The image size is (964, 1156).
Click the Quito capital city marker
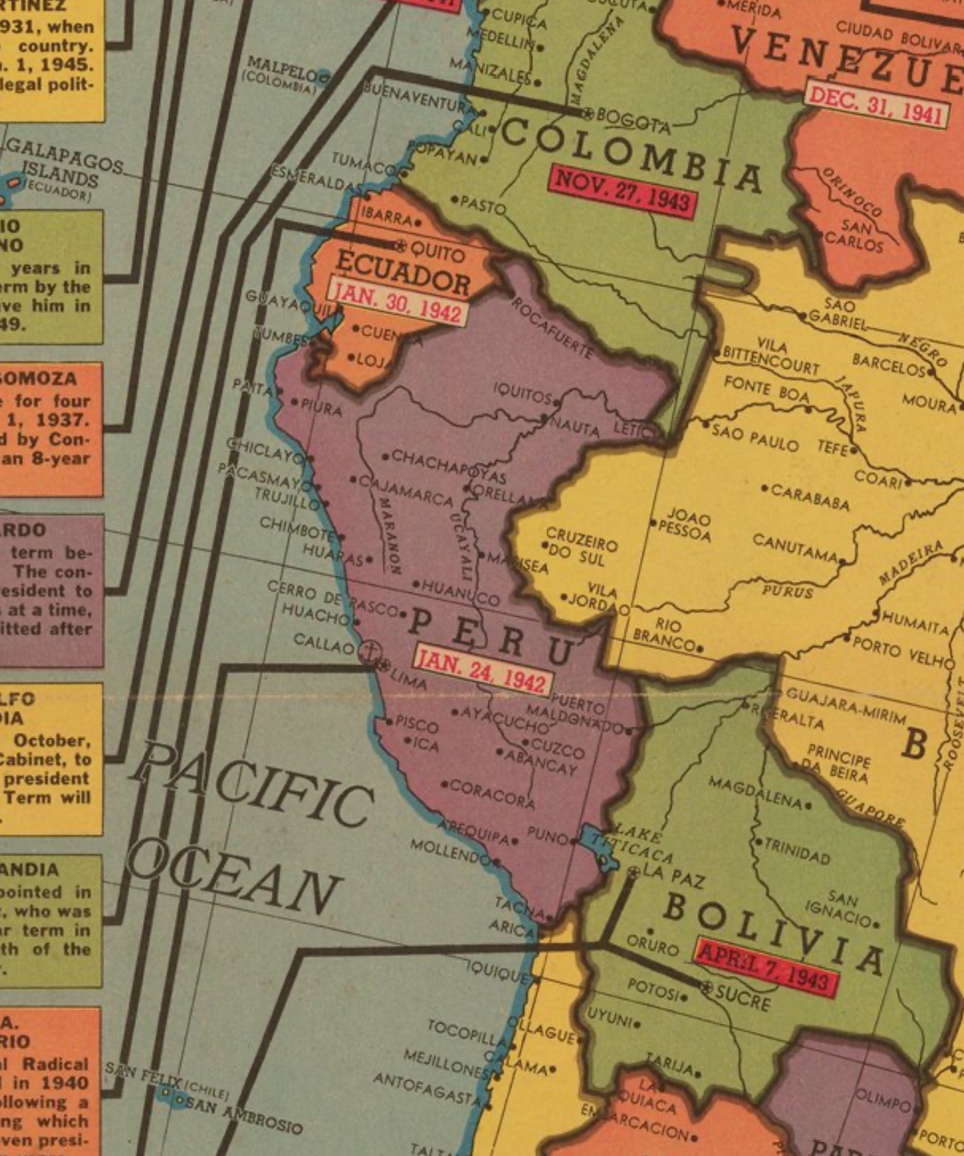[401, 246]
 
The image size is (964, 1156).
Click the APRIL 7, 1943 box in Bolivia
[766, 967]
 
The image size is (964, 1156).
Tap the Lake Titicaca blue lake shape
[597, 845]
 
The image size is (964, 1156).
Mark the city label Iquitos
[522, 392]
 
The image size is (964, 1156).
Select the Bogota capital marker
[588, 113]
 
